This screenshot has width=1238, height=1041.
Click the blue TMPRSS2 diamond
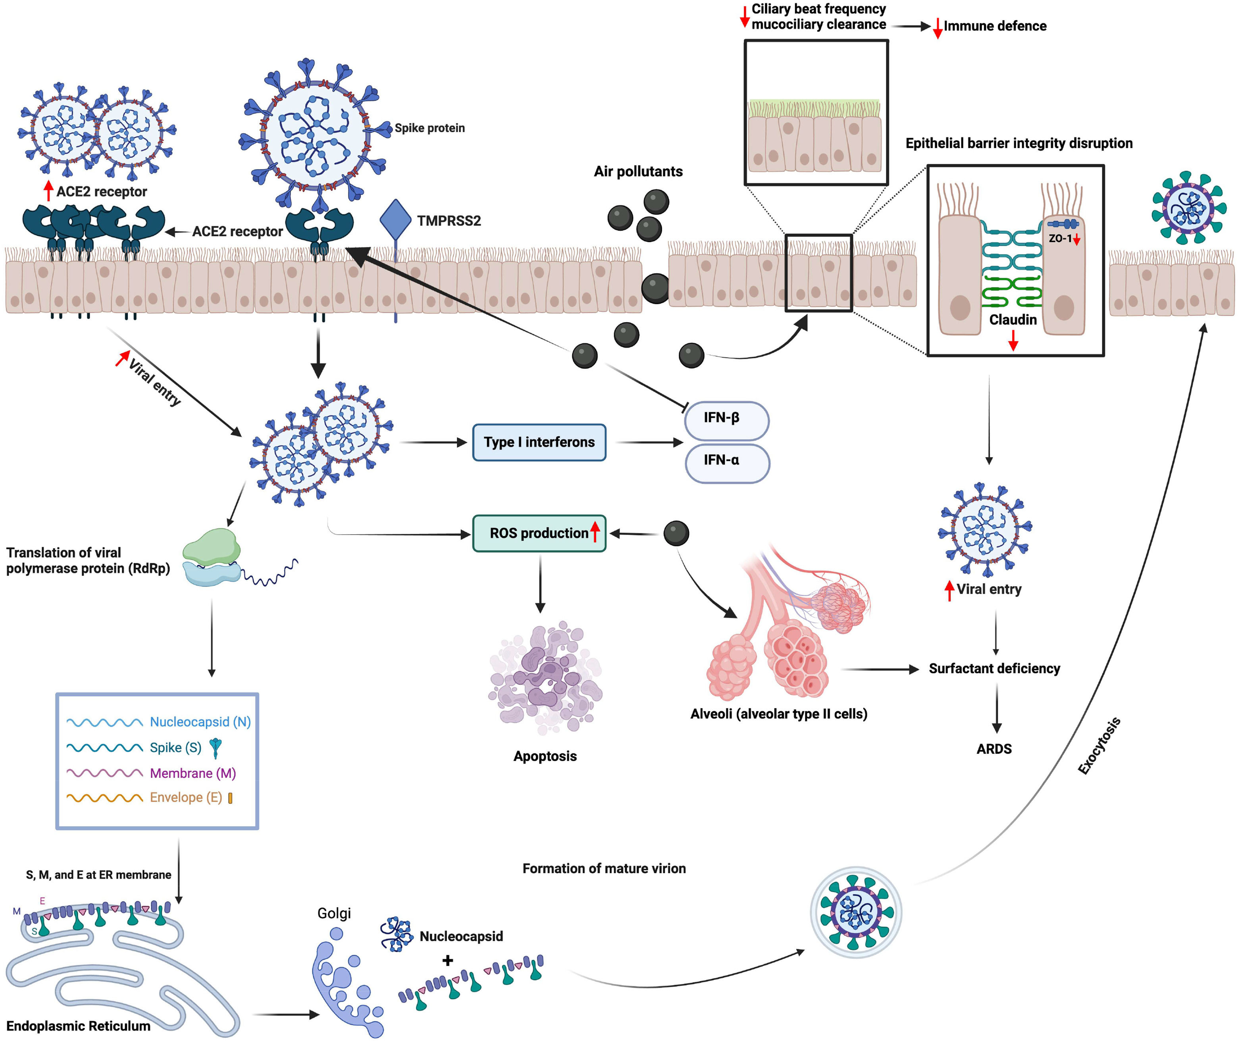coord(395,219)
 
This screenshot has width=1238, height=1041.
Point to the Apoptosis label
coord(545,756)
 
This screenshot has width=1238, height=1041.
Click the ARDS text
coord(994,749)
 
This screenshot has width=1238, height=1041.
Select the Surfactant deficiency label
coord(994,669)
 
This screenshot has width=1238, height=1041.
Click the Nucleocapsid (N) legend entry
coord(200,722)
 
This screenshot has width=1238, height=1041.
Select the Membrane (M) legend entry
coord(193,773)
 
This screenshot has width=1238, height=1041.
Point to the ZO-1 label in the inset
coord(1060,239)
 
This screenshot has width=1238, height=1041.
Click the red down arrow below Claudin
coord(1013,341)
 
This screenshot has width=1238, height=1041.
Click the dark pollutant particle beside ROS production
coord(676,533)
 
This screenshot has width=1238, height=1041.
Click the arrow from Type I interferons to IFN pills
coord(649,442)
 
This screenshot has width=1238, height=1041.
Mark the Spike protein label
coord(429,128)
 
